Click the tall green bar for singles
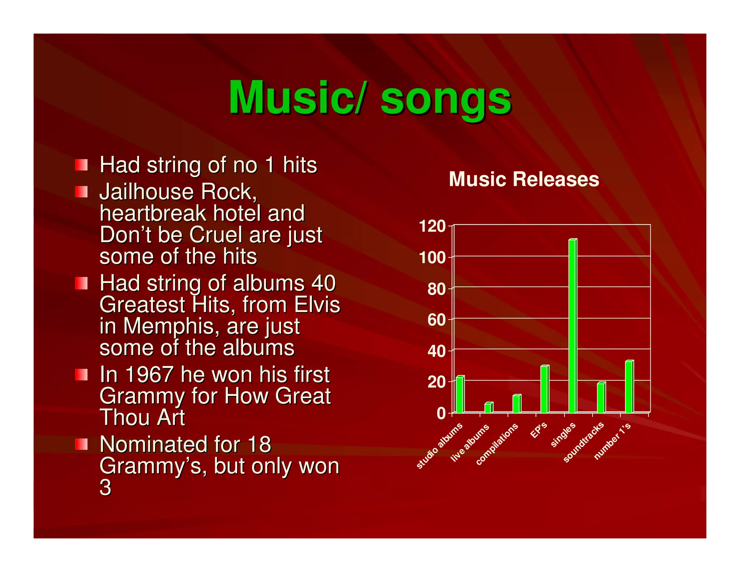(572, 325)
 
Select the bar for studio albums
(460, 394)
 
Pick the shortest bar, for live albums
(488, 407)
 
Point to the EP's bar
(545, 389)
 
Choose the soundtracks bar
(601, 397)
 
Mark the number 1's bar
(629, 387)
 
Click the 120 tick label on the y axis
(432, 226)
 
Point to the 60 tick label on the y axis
(436, 320)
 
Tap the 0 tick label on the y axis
(441, 413)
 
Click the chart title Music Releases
(524, 179)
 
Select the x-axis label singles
(563, 435)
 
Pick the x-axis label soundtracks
(583, 442)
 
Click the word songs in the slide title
(446, 98)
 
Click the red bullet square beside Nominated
(81, 444)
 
